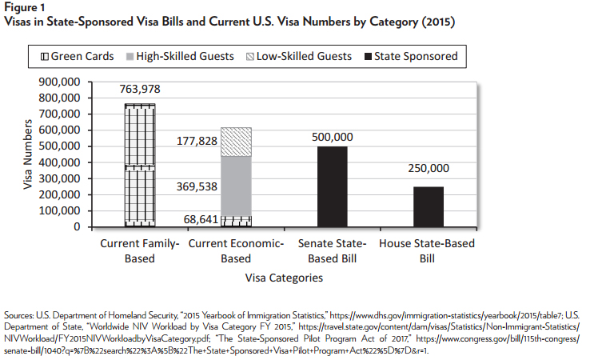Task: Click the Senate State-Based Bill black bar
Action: tap(332, 186)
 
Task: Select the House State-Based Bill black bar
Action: tap(428, 206)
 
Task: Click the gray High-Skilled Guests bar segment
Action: tap(236, 185)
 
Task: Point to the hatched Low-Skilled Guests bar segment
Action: tap(236, 142)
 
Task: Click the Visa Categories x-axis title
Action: tap(284, 278)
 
